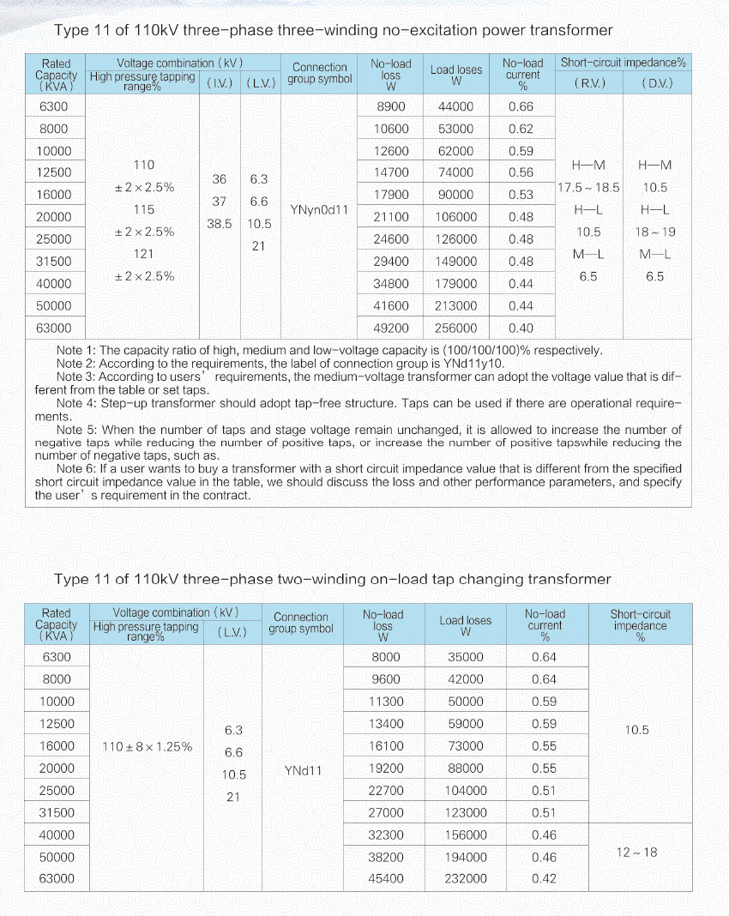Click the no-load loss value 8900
pos(391,106)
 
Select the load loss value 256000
pos(455,328)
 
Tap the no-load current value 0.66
pos(521,106)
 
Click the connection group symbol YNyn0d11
pos(319,209)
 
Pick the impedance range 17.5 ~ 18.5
pos(588,187)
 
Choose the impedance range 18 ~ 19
pos(655,232)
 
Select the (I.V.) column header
pos(220,83)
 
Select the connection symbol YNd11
pos(303,770)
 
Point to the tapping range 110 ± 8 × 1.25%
pos(147,746)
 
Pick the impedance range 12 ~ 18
pos(636,852)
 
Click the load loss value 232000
pos(466,878)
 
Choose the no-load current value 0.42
pos(544,878)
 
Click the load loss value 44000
pos(455,106)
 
